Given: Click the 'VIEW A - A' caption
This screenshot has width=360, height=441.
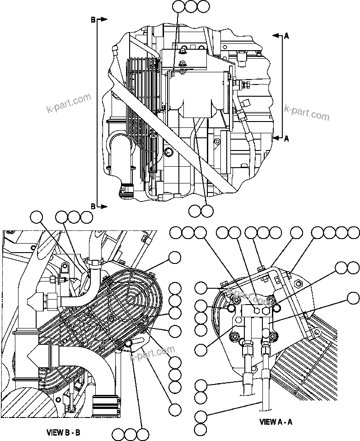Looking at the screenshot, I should pos(276,422).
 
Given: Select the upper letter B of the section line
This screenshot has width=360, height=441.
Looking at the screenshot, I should pos(94,19).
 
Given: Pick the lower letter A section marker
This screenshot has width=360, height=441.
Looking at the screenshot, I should pos(286,138).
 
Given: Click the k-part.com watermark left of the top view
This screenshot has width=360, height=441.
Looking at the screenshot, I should pos(68,103).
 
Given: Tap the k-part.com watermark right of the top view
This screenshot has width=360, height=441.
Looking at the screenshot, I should pos(307,112).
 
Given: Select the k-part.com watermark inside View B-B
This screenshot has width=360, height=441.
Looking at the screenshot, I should pos(152,354).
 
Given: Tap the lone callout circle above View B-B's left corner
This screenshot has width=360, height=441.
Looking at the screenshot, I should pos(37,217).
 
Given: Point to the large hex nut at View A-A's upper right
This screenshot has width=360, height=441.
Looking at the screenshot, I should pos(299,284).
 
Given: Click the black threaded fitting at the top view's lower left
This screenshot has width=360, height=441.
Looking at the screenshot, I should pos(126,189).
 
